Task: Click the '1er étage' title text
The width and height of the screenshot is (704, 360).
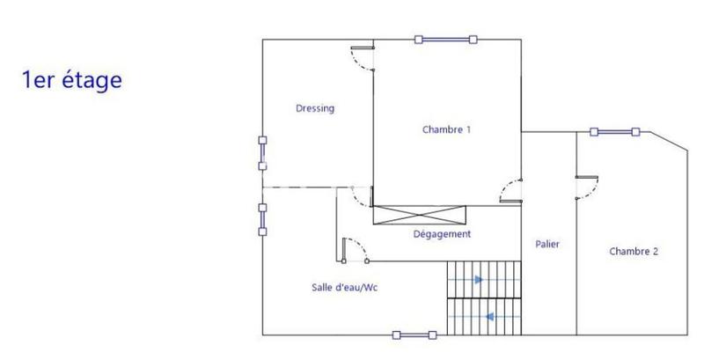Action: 71,80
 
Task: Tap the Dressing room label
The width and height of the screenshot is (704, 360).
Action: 314,108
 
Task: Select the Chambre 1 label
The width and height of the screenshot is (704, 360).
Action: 446,129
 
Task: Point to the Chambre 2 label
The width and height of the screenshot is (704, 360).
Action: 633,251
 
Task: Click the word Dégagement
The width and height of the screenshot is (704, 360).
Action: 442,234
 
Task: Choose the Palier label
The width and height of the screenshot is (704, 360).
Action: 546,244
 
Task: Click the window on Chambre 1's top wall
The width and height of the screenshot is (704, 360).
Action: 445,39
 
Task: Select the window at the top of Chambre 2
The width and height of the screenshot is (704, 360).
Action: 613,132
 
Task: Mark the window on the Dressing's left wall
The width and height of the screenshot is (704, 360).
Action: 262,152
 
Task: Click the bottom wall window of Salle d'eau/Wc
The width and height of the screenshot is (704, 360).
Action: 414,334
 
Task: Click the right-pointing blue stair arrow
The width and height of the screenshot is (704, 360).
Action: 478,280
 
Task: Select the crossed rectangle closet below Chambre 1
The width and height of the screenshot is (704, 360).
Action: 418,214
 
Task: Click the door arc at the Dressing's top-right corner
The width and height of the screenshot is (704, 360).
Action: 361,60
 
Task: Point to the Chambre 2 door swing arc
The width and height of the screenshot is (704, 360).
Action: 588,186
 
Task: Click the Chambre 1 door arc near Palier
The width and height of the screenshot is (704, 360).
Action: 510,191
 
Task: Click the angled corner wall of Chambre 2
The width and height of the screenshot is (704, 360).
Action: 668,143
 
